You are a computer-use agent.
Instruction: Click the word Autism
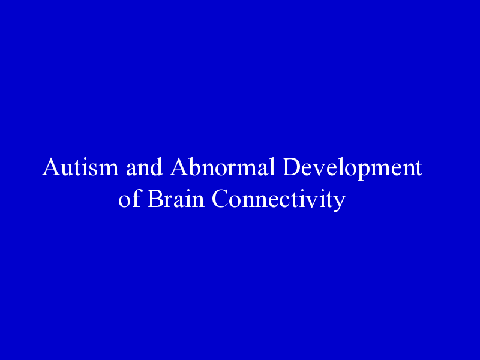[x=80, y=167]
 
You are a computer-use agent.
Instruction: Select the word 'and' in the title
[x=144, y=167]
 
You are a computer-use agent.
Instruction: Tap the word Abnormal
[x=223, y=167]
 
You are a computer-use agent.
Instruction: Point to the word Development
[x=352, y=168]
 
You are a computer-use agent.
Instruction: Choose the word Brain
[x=176, y=199]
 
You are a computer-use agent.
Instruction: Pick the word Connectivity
[x=279, y=200]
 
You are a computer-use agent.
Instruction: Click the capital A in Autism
[x=50, y=167]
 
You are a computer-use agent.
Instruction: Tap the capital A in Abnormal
[x=179, y=167]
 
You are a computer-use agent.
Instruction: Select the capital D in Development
[x=291, y=167]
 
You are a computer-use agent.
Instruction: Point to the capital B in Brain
[x=155, y=199]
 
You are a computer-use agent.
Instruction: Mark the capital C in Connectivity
[x=220, y=199]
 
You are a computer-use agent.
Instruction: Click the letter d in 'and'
[x=156, y=167]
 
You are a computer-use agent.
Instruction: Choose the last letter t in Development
[x=419, y=169]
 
